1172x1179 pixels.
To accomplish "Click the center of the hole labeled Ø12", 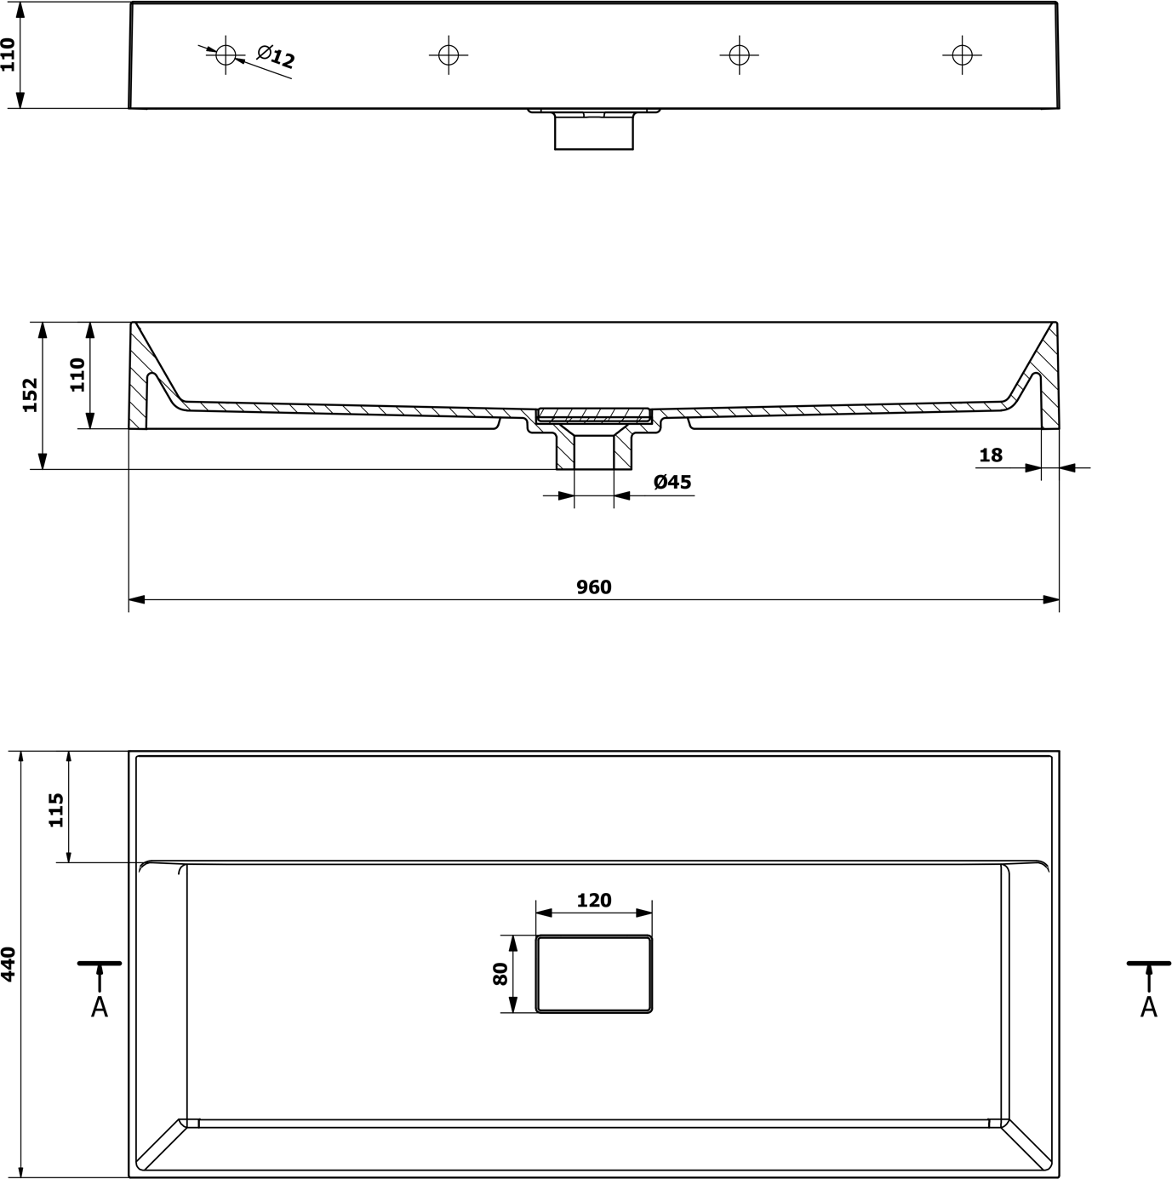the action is pos(226,55).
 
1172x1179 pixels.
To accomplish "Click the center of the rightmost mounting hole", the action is pos(962,55).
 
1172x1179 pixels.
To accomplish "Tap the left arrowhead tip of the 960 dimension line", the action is pos(129,599).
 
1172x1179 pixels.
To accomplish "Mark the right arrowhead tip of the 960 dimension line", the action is pos(1059,599).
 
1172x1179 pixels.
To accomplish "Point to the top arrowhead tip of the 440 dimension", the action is pos(20,751).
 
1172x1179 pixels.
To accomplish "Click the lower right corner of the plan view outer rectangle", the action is pos(1059,1176).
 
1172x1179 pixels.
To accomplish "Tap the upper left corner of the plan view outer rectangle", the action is pos(129,752).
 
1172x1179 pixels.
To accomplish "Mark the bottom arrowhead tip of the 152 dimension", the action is pos(43,469).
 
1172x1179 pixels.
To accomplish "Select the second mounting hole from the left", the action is pos(449,55).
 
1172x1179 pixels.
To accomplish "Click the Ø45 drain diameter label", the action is pos(672,482).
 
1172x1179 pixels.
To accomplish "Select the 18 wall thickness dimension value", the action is pos(991,455).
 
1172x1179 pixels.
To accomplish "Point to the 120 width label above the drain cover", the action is pos(593,900).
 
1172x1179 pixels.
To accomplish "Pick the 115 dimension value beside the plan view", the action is pos(56,810).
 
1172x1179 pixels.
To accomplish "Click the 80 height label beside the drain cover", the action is pos(500,974).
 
